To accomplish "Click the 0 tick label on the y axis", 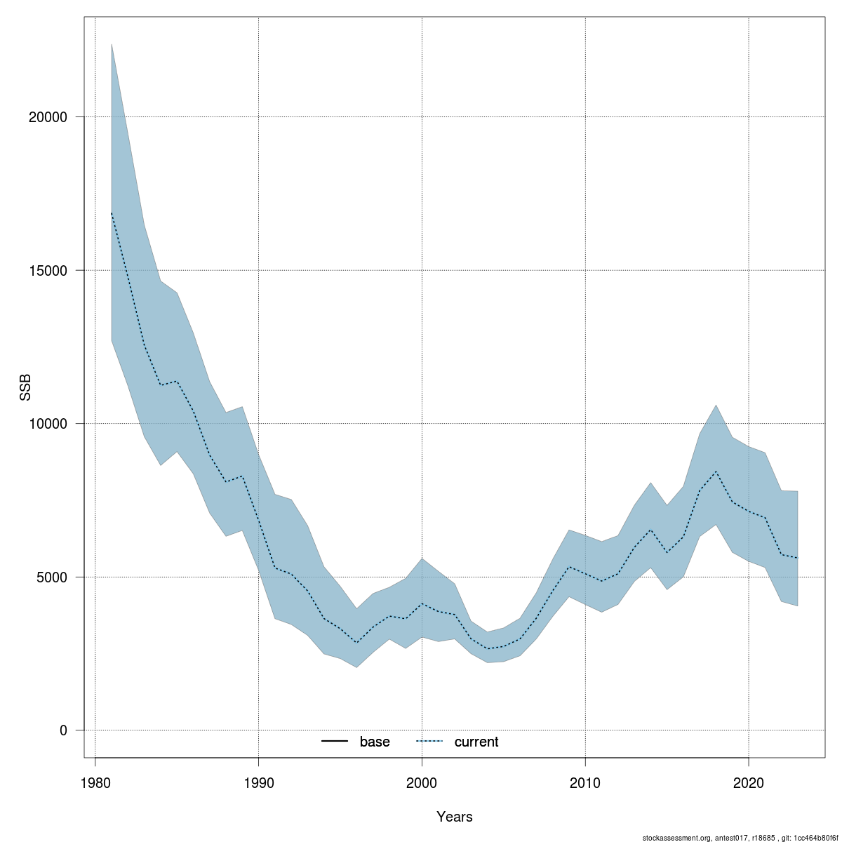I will [63, 730].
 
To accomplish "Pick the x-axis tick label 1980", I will [95, 782].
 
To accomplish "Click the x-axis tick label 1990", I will [259, 782].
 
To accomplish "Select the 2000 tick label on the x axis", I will [422, 782].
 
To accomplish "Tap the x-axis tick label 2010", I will [585, 782].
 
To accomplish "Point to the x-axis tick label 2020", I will [749, 782].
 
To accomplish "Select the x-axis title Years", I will [455, 817].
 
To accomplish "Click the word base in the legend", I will [375, 742].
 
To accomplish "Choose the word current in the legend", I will [476, 742].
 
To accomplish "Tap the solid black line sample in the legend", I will [335, 742].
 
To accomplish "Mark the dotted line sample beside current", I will [430, 742].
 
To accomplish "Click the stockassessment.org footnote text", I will [740, 837].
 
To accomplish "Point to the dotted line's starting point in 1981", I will [112, 213].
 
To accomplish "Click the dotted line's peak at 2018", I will [716, 472].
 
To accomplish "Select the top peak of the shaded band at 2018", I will [716, 405].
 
